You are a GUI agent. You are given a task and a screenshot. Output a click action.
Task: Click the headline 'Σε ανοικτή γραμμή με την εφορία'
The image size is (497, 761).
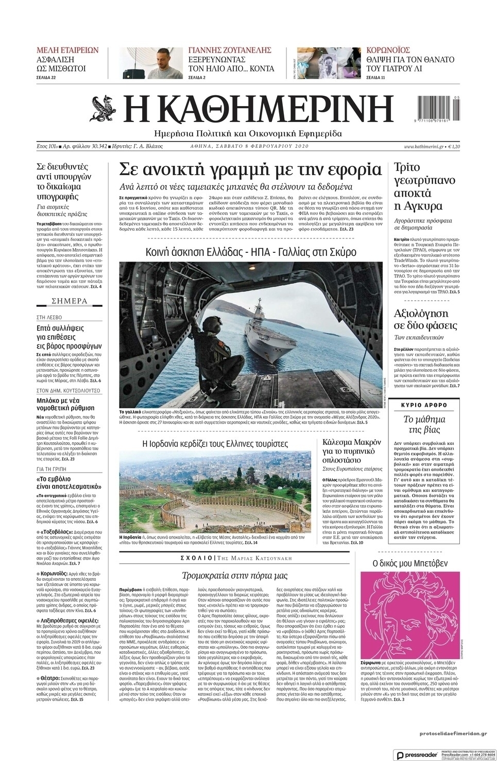[250, 169]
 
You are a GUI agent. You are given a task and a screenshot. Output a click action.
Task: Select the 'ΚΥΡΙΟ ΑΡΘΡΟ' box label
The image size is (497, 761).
[424, 405]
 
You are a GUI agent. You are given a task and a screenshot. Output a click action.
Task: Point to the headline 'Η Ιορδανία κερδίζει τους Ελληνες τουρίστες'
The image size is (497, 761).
[215, 443]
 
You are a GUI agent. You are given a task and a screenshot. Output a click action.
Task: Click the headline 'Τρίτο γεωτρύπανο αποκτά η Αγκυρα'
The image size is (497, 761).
[418, 187]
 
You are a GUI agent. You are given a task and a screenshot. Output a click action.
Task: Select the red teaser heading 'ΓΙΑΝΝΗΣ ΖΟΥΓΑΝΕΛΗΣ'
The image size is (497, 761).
[230, 50]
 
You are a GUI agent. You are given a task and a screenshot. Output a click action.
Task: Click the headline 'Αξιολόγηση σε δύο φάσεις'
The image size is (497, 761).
[421, 319]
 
